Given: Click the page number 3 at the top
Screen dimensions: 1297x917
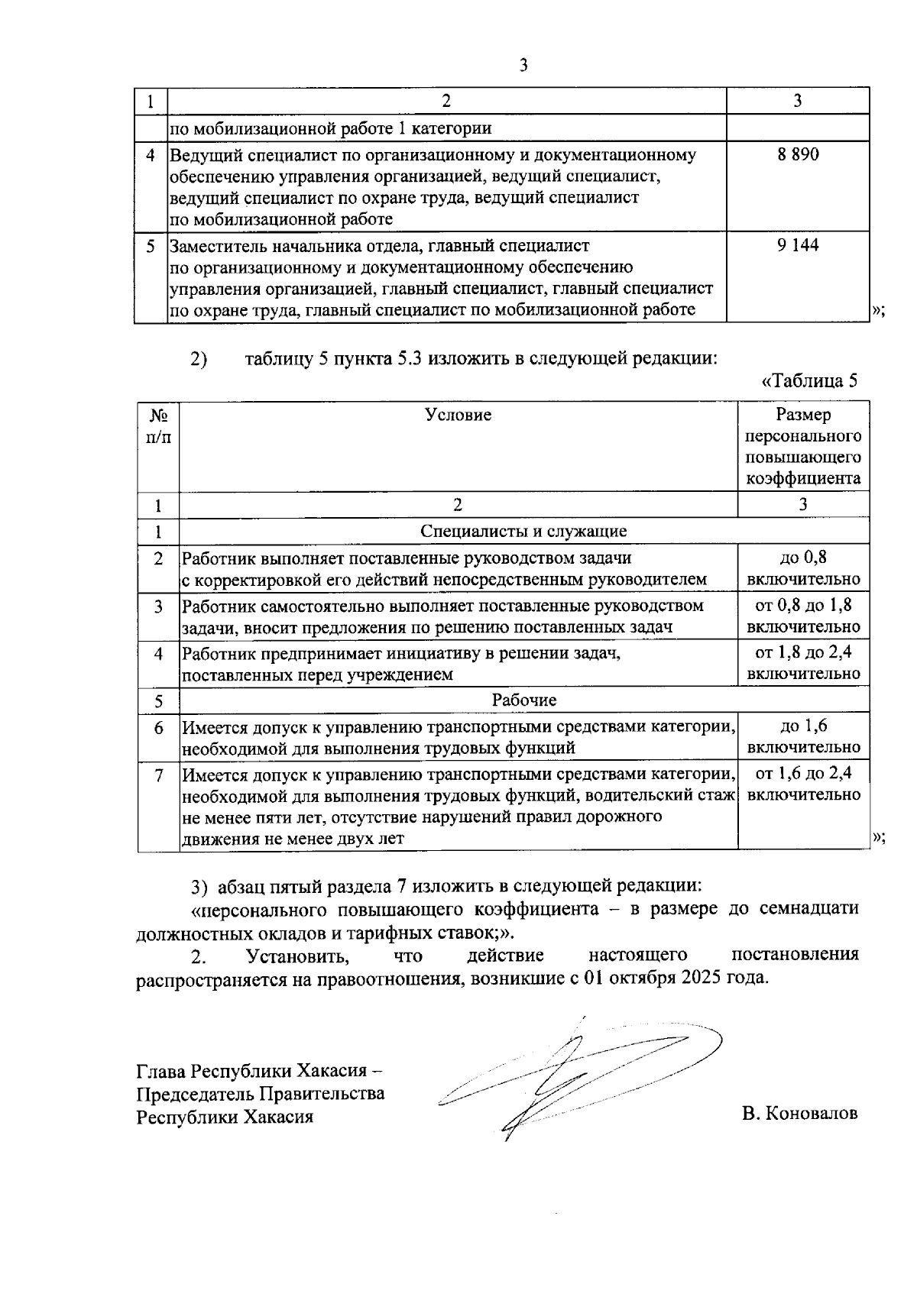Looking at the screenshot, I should pos(523,66).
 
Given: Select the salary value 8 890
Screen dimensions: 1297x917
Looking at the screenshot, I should pos(797,155).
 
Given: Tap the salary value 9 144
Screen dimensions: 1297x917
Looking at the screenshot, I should pos(797,246).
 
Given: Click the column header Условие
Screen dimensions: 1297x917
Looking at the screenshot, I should pos(458,415).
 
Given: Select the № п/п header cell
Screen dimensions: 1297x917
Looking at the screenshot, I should pos(158,426).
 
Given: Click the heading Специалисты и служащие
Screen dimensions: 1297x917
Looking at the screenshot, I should pos(523,531).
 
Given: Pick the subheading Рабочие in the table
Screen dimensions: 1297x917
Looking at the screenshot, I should pos(523,700).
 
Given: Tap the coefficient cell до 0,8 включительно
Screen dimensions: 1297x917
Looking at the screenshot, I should pos(803,568).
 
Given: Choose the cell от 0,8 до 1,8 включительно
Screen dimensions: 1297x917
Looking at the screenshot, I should pos(803,616).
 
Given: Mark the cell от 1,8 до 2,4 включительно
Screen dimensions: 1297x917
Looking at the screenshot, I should pos(803,662).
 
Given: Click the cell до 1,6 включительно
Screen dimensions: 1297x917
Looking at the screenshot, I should pos(803,736).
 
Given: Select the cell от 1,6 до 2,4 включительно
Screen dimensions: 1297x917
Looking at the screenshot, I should pos(803,784).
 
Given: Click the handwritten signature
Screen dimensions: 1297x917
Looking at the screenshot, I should pos(565,1077).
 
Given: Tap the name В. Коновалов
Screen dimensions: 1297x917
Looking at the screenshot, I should pos(799,1113).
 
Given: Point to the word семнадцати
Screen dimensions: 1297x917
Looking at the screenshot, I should pos(809,909).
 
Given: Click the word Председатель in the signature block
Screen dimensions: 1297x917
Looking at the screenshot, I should pos(195,1093).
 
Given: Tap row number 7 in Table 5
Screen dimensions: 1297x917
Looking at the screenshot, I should pos(158,775).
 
